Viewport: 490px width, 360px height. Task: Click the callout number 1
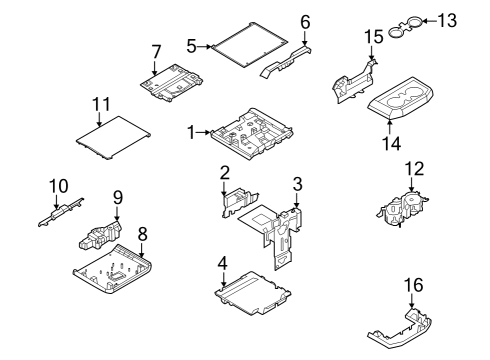pyautogui.click(x=191, y=132)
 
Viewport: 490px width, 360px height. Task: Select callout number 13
pyautogui.click(x=447, y=19)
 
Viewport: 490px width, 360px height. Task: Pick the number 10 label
pyautogui.click(x=58, y=185)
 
